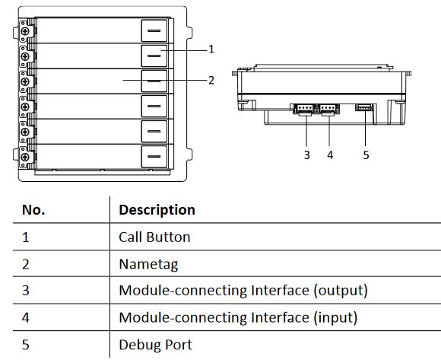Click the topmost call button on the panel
pos(154,30)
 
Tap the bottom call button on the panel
pos(154,156)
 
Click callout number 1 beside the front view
pos(211,49)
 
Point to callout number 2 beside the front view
pos(211,81)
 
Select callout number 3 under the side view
pos(307,155)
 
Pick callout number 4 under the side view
pos(330,155)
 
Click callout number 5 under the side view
pos(366,155)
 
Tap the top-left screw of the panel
pos(25,31)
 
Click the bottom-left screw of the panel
pos(25,157)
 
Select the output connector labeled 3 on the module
pos(305,109)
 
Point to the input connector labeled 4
pos(328,109)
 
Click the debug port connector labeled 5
pos(364,107)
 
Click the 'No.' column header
pos(33,210)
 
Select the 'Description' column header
pos(157,210)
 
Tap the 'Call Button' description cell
pos(154,237)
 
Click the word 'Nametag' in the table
pos(148,264)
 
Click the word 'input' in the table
pos(335,318)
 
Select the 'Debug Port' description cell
pos(156,345)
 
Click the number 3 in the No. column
pos(26,291)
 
